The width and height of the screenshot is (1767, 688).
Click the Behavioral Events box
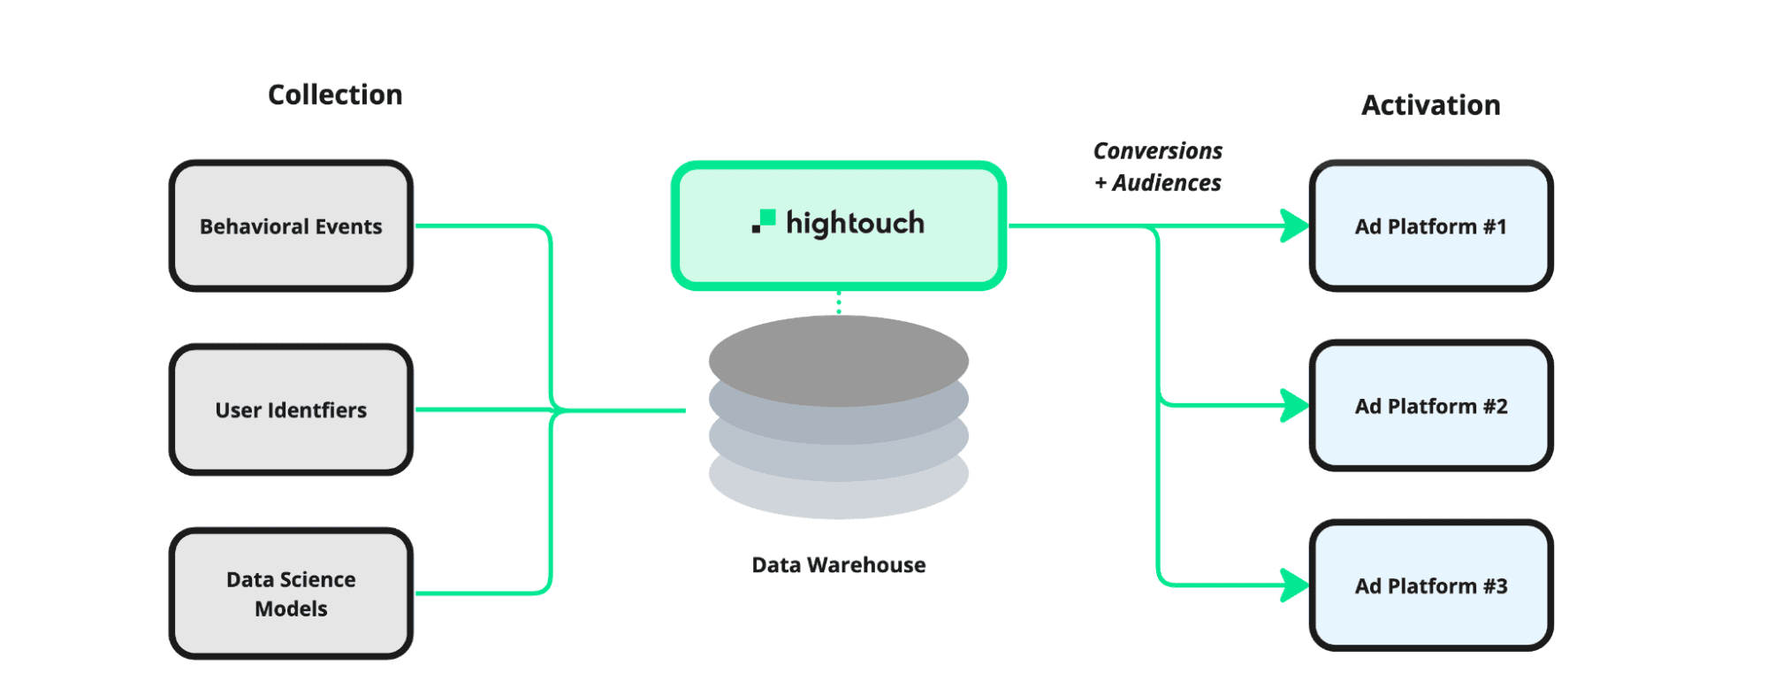point(291,226)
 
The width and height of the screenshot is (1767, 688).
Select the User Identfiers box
point(291,410)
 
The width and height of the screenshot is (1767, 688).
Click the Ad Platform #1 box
point(1430,226)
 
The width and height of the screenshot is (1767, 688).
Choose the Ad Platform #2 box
point(1430,406)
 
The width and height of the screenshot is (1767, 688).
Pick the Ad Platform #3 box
point(1430,585)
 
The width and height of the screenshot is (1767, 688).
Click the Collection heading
point(335,95)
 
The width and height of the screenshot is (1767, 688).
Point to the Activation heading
point(1430,105)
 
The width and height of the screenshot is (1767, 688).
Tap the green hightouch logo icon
point(764,221)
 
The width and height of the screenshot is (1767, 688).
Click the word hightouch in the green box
point(855,224)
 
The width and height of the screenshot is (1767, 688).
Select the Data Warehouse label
point(838,565)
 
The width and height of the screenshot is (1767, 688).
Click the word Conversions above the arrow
point(1157,151)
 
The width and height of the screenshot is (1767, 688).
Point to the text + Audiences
point(1157,183)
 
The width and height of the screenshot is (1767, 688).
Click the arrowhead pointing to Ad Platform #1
point(1294,226)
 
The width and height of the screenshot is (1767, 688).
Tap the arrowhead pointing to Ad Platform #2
point(1294,406)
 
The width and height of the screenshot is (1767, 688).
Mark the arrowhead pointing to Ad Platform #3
point(1294,585)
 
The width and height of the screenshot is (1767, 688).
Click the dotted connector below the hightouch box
point(839,302)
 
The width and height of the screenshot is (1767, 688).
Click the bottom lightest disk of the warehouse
point(838,500)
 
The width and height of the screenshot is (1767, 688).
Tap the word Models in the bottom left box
point(291,609)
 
